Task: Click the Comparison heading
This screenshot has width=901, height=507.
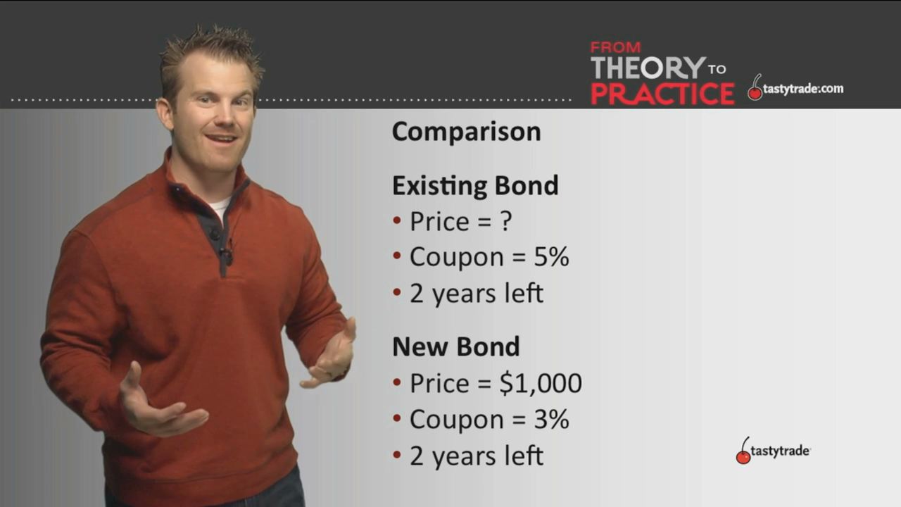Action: click(x=467, y=132)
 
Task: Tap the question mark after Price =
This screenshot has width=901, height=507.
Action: click(x=506, y=220)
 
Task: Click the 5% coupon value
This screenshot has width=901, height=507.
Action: click(x=551, y=257)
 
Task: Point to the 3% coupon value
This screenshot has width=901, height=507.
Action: click(x=551, y=419)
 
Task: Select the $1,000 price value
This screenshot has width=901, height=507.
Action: click(x=541, y=382)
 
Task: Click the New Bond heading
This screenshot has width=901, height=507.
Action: click(x=456, y=347)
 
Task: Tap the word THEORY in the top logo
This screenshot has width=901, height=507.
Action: click(x=648, y=68)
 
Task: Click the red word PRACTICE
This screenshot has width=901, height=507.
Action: click(x=662, y=94)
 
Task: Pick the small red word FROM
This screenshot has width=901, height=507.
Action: click(x=615, y=47)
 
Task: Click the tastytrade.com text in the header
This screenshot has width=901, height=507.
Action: click(x=803, y=89)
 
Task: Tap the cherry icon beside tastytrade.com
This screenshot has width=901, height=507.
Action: click(x=755, y=87)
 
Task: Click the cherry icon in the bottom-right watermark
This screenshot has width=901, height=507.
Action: click(x=743, y=451)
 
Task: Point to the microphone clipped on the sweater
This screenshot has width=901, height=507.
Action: click(x=228, y=252)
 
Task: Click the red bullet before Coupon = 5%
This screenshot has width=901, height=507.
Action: click(x=397, y=256)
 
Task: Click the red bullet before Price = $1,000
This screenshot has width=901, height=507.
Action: click(x=397, y=382)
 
